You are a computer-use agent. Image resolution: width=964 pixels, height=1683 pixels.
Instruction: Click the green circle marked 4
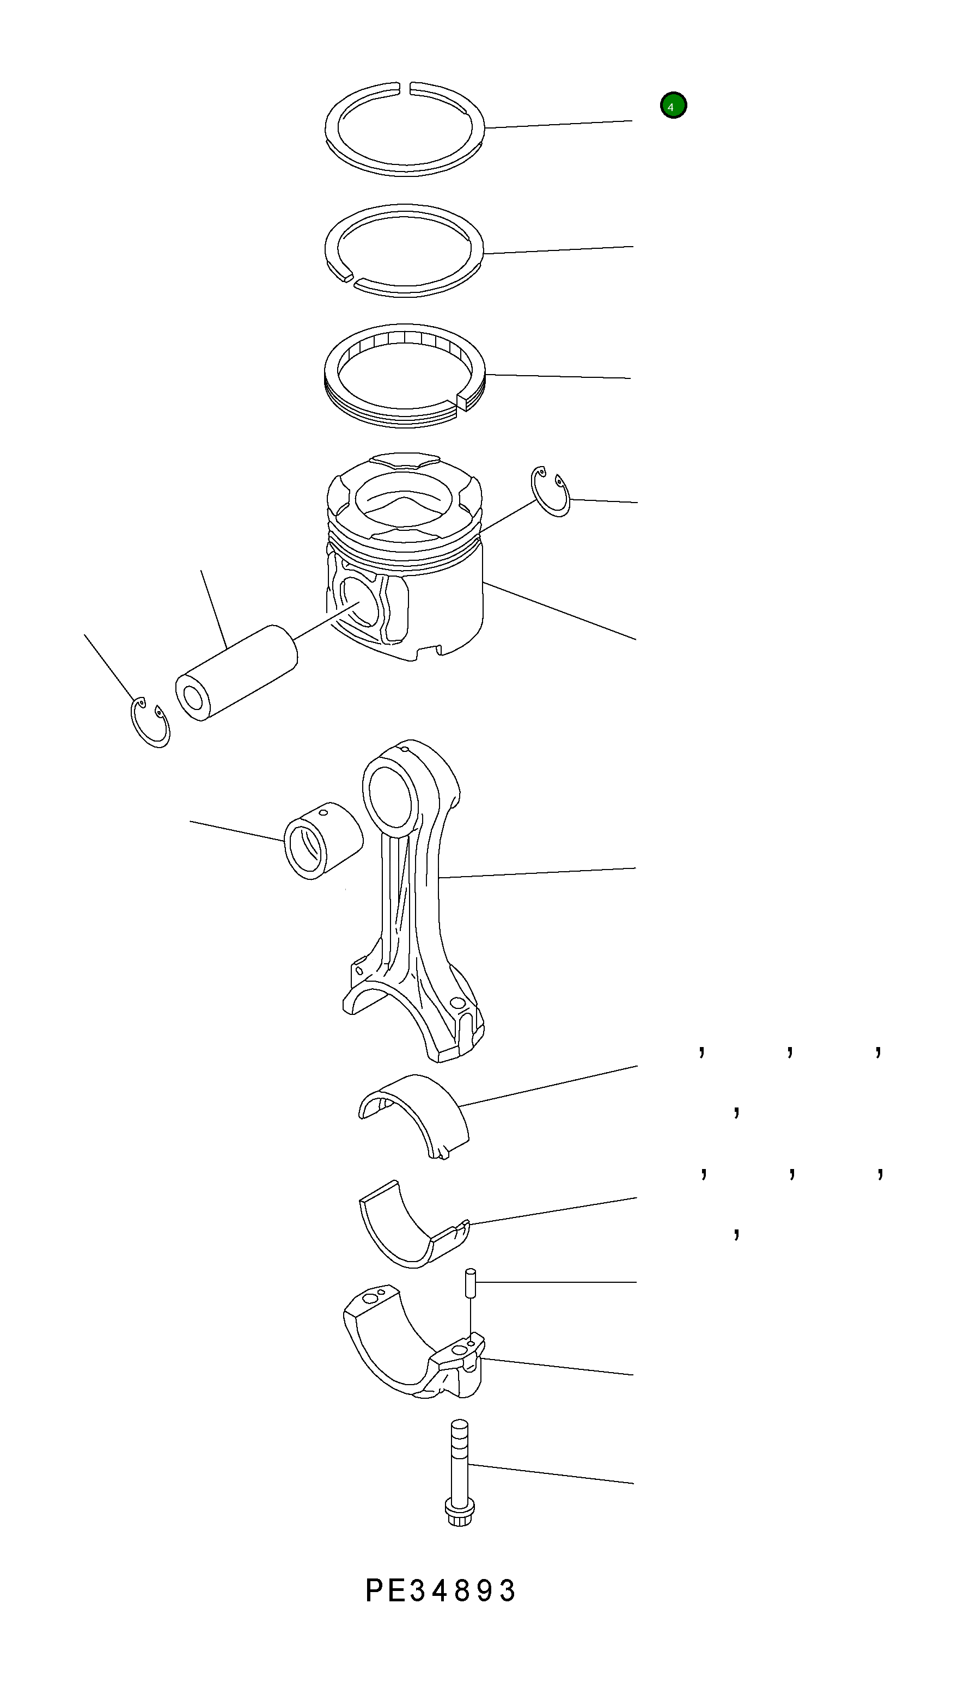673,105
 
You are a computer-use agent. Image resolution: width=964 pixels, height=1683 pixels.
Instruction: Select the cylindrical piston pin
236,672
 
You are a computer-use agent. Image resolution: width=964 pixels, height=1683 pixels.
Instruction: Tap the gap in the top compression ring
406,86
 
